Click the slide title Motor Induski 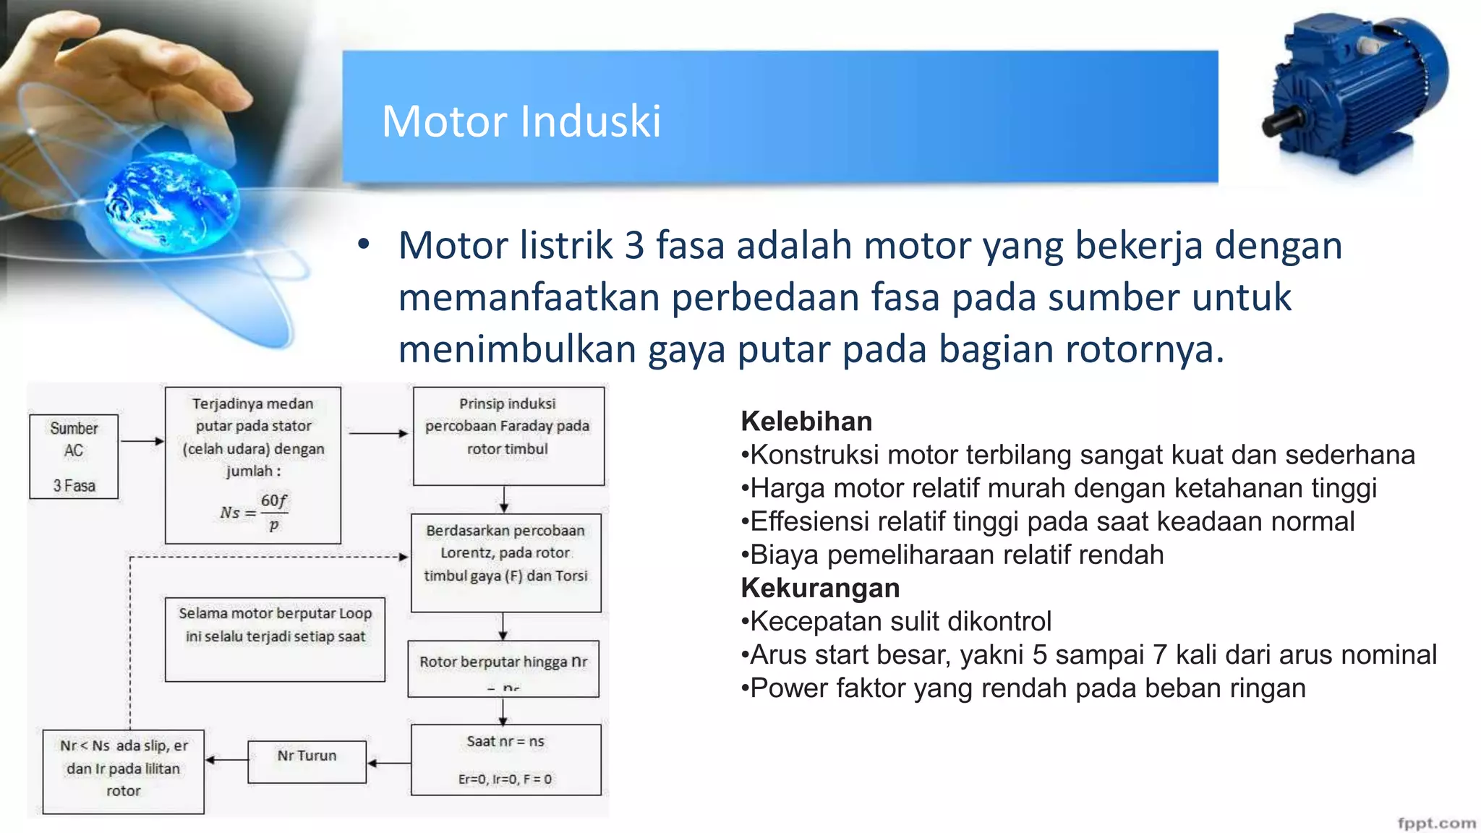point(521,121)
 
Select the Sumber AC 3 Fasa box point(74,456)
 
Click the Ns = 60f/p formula point(254,512)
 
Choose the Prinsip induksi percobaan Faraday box point(508,435)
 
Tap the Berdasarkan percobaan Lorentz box point(505,563)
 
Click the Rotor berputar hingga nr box point(503,668)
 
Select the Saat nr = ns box point(505,759)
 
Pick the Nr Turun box point(307,761)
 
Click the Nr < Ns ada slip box point(124,772)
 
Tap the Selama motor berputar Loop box point(275,638)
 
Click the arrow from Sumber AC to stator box point(142,441)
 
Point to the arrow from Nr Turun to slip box point(226,760)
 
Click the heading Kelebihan point(806,422)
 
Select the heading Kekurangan point(820,589)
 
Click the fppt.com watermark point(1436,823)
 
